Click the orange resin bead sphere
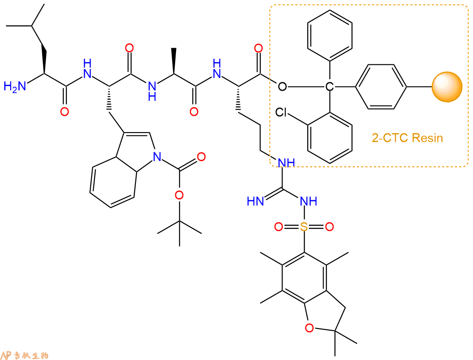point(447,87)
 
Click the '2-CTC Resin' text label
point(407,138)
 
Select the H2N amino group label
point(15,86)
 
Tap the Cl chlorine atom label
point(281,112)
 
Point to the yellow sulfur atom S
point(304,226)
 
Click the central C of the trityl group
point(330,87)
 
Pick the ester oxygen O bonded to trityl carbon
point(283,87)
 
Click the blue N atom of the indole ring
point(157,156)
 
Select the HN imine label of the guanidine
point(256,201)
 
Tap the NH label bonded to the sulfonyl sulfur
point(309,201)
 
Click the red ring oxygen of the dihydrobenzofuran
point(309,328)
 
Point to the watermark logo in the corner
point(25,355)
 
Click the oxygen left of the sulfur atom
point(279,226)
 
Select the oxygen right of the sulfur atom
point(329,226)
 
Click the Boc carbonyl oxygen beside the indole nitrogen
point(201,156)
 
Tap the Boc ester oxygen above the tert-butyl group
point(179,195)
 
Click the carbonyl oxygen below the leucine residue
point(64,112)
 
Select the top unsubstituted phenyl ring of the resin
point(330,36)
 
